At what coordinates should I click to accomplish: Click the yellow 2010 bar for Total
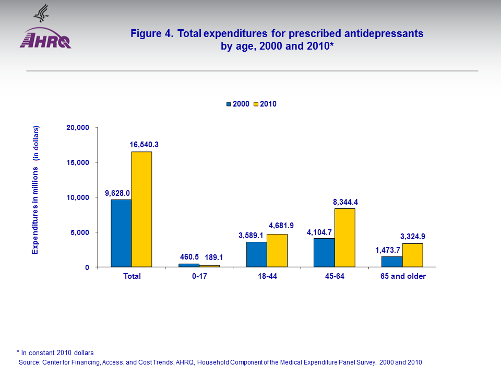[141, 209]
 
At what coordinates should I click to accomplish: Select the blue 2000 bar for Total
[121, 233]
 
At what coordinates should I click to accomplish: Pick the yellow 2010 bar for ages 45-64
[344, 238]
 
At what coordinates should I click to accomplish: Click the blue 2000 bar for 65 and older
[392, 262]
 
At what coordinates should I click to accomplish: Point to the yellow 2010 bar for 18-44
[277, 250]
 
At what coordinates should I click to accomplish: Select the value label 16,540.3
[145, 145]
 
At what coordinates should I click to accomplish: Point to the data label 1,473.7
[388, 250]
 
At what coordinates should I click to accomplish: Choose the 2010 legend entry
[265, 104]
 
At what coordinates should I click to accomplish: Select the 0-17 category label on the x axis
[199, 276]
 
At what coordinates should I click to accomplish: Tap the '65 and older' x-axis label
[402, 276]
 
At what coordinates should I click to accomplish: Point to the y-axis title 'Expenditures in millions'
[35, 190]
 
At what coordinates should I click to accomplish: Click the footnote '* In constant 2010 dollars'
[55, 352]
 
